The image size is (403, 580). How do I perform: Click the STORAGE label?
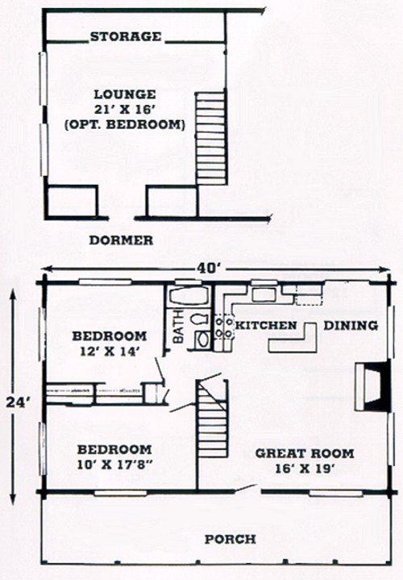pyautogui.click(x=126, y=36)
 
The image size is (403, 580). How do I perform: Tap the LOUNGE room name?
pyautogui.click(x=125, y=94)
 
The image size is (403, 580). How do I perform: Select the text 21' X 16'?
pyautogui.click(x=125, y=110)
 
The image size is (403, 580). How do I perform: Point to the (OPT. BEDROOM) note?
pyautogui.click(x=125, y=124)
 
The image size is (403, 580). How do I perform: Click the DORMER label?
pyautogui.click(x=121, y=240)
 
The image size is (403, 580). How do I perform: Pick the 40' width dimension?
pyautogui.click(x=208, y=269)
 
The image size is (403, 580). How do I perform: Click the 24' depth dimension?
pyautogui.click(x=18, y=402)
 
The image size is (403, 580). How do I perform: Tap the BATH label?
pyautogui.click(x=179, y=326)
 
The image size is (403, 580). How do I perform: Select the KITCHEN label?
pyautogui.click(x=266, y=326)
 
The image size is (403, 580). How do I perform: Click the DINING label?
pyautogui.click(x=351, y=326)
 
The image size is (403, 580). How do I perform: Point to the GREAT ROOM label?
pyautogui.click(x=305, y=453)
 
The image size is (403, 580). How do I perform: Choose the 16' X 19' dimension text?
pyautogui.click(x=305, y=469)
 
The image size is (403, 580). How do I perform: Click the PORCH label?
pyautogui.click(x=231, y=539)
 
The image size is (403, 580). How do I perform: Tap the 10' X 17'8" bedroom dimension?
pyautogui.click(x=114, y=464)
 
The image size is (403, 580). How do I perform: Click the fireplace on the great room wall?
pyautogui.click(x=372, y=386)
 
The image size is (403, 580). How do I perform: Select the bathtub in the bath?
pyautogui.click(x=188, y=295)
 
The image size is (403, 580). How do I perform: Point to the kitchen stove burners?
pyautogui.click(x=224, y=326)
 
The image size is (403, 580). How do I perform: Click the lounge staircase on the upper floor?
pyautogui.click(x=210, y=138)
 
